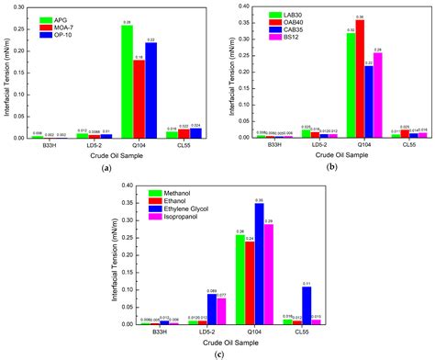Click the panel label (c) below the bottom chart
pos(217,354)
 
